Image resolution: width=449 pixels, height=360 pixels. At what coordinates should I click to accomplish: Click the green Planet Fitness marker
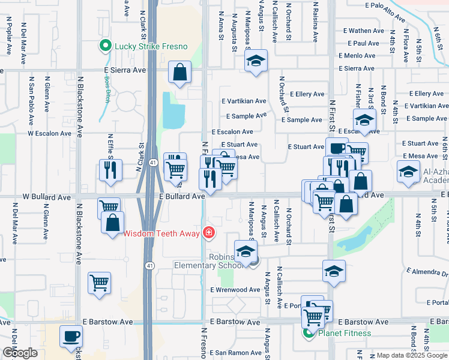click(310, 334)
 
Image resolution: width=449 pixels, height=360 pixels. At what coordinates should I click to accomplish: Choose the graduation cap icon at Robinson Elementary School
click(246, 253)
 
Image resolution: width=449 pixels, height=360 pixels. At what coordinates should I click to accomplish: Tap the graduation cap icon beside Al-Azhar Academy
click(408, 173)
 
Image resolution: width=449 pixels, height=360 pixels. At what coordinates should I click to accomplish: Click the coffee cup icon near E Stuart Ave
click(337, 148)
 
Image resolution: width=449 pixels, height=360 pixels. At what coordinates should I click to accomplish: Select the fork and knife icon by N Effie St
click(111, 170)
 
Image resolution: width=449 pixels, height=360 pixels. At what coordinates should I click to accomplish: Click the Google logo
click(20, 352)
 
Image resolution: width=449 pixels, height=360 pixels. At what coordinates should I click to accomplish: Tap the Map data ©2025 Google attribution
click(412, 355)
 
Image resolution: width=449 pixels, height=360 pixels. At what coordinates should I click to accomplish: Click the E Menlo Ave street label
click(360, 56)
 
